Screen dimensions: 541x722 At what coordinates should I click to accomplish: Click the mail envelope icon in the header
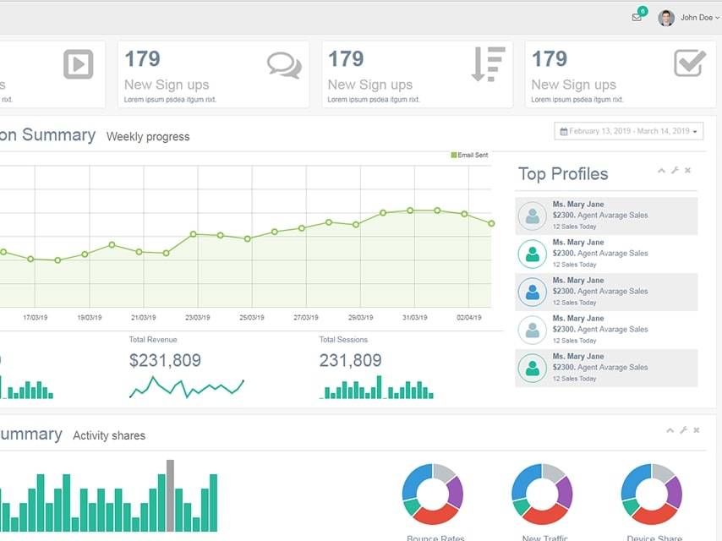(x=637, y=17)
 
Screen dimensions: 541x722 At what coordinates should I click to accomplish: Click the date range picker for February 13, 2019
(x=629, y=131)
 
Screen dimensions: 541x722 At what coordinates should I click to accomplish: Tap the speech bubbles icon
(x=283, y=65)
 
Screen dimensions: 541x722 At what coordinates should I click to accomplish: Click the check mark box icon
(x=690, y=63)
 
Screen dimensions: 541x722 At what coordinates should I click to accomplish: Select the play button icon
(x=78, y=64)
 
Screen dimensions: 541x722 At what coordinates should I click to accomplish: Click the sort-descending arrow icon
(x=488, y=64)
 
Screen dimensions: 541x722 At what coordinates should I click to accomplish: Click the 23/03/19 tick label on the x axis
(x=197, y=318)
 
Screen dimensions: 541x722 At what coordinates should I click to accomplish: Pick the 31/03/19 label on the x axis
(x=414, y=318)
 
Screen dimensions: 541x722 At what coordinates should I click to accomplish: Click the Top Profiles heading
(x=562, y=174)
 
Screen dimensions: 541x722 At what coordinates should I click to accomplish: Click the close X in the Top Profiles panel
(x=687, y=171)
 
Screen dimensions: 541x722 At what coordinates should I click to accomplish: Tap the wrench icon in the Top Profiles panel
(x=675, y=171)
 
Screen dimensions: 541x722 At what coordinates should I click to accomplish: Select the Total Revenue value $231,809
(x=165, y=361)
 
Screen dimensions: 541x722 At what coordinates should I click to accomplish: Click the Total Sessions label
(x=343, y=340)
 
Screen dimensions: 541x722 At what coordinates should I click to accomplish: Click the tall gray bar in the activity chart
(x=170, y=495)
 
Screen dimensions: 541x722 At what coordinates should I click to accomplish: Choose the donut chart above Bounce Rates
(x=432, y=494)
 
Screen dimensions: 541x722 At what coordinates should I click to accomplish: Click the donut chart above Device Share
(x=651, y=494)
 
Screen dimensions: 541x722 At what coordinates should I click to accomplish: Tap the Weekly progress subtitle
(x=148, y=137)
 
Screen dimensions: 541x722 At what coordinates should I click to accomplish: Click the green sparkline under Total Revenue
(x=186, y=387)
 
